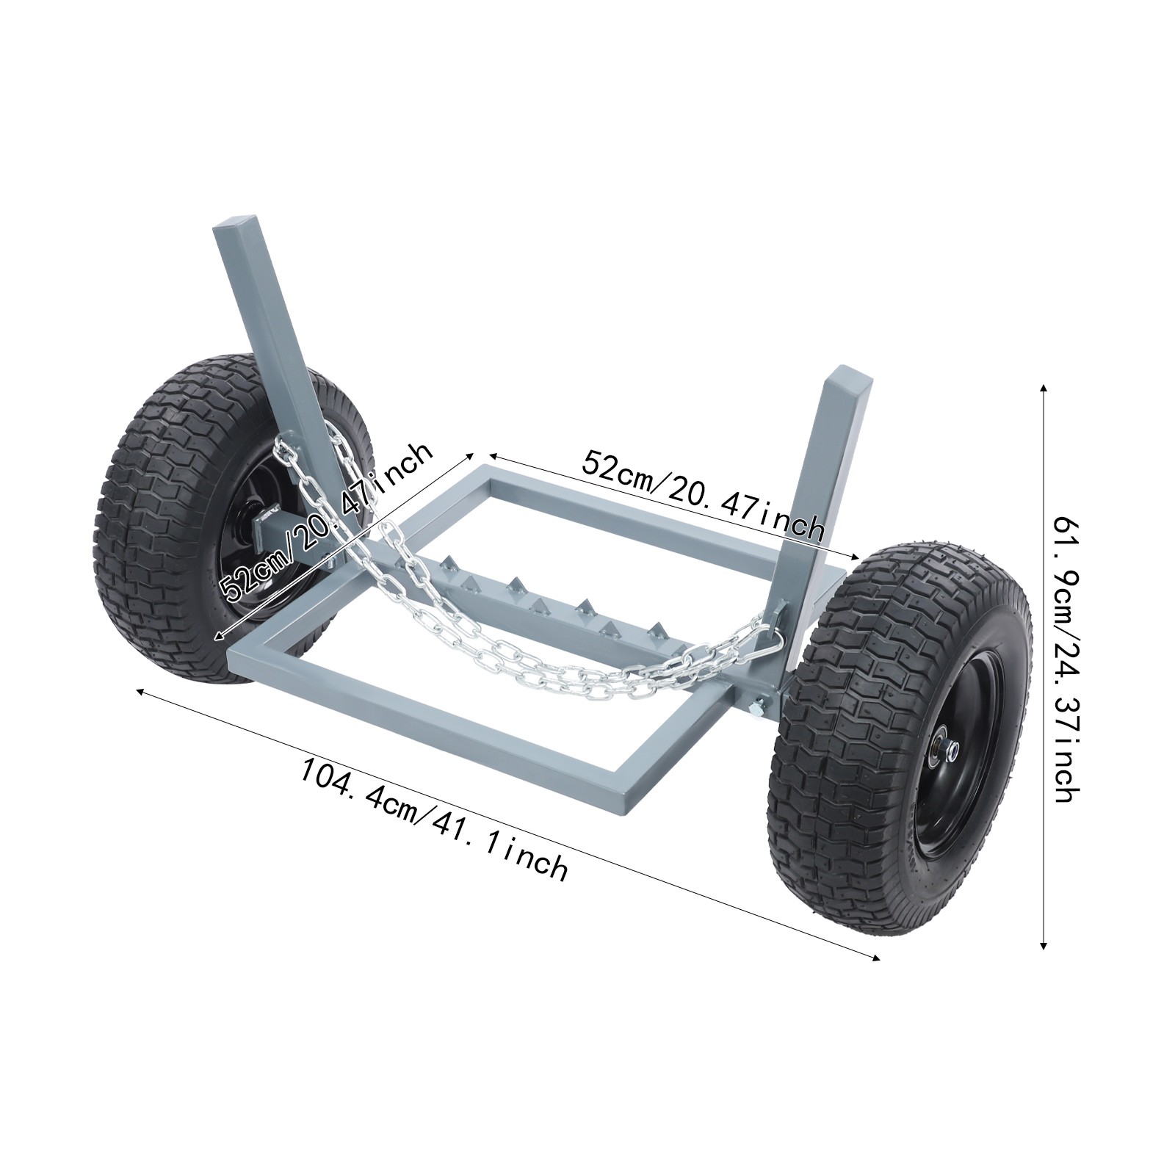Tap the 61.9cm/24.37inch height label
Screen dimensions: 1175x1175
(1066, 659)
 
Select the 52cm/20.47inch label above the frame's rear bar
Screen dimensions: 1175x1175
(703, 496)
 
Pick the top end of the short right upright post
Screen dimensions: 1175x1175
(850, 382)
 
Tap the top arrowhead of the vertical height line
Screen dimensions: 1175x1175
(1044, 387)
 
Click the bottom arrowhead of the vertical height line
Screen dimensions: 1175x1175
(1044, 947)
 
